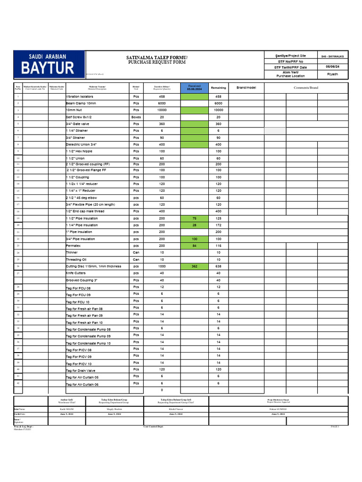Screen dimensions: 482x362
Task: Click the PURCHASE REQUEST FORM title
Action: (x=157, y=62)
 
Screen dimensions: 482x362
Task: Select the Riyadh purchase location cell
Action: (x=332, y=74)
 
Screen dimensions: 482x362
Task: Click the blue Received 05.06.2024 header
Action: (x=194, y=88)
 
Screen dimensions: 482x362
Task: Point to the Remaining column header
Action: (x=218, y=88)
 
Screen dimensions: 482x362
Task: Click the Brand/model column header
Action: (x=246, y=88)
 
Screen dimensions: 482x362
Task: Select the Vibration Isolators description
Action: (x=80, y=96)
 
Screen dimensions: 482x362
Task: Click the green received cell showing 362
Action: (x=194, y=266)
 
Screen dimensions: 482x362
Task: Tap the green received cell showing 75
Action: (x=194, y=218)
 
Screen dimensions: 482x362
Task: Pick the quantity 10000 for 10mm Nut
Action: (x=162, y=110)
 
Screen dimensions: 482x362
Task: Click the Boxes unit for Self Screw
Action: (x=136, y=117)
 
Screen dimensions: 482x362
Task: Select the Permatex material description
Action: (x=75, y=246)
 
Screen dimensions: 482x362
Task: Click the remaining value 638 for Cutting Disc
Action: (x=218, y=266)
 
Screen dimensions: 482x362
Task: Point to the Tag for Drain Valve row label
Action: (x=81, y=370)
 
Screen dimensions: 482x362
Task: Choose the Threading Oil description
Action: (x=76, y=259)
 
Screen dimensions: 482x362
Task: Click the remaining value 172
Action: (x=218, y=225)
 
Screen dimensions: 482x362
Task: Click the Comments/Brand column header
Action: (x=306, y=88)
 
